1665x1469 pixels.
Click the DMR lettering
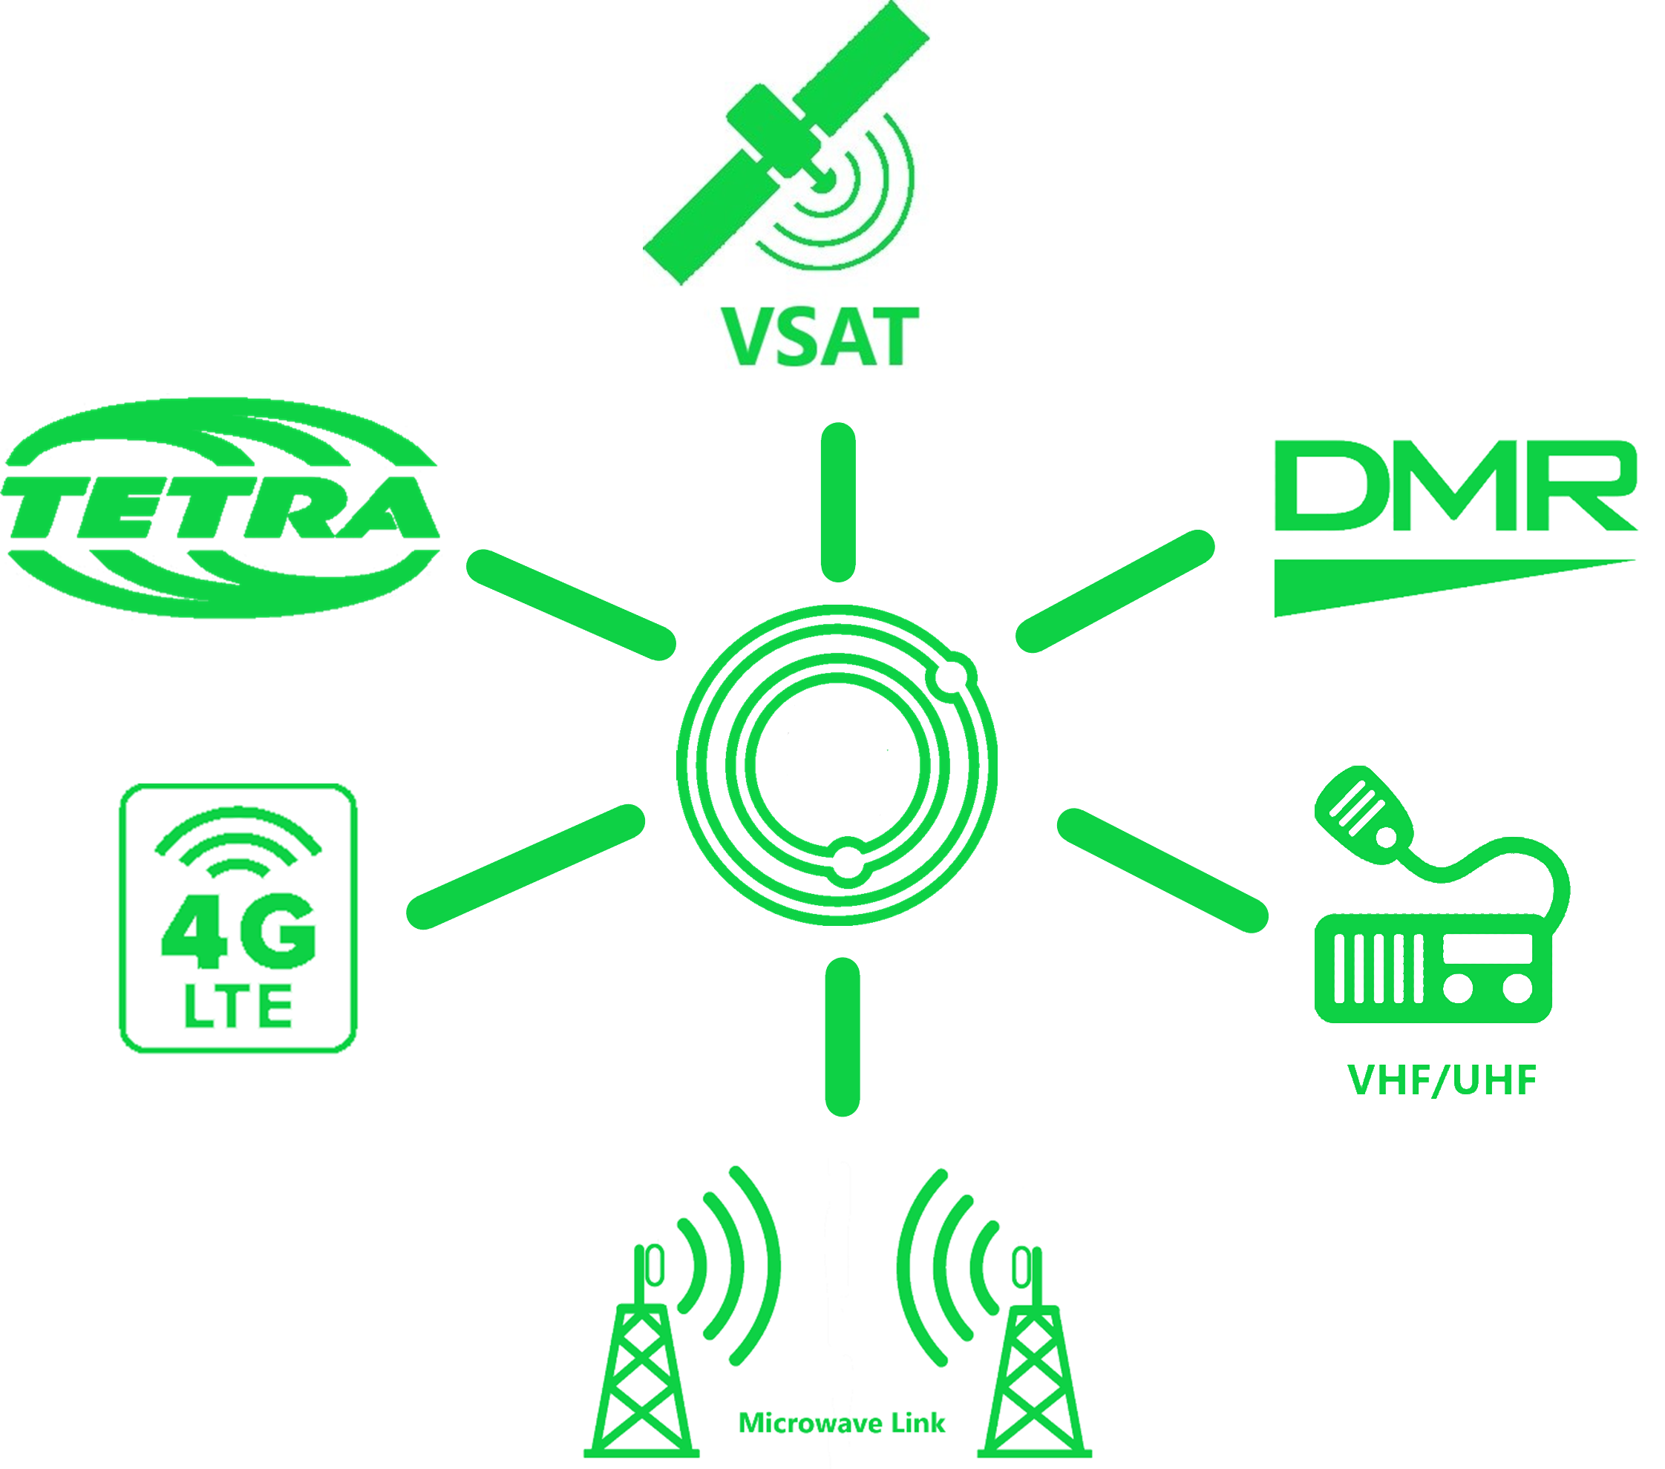pos(1455,486)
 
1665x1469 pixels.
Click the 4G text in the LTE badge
pos(238,931)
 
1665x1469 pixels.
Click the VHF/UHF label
pos(1442,1080)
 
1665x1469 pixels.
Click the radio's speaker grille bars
pos(1377,969)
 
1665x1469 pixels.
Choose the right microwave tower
pos(1036,1376)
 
